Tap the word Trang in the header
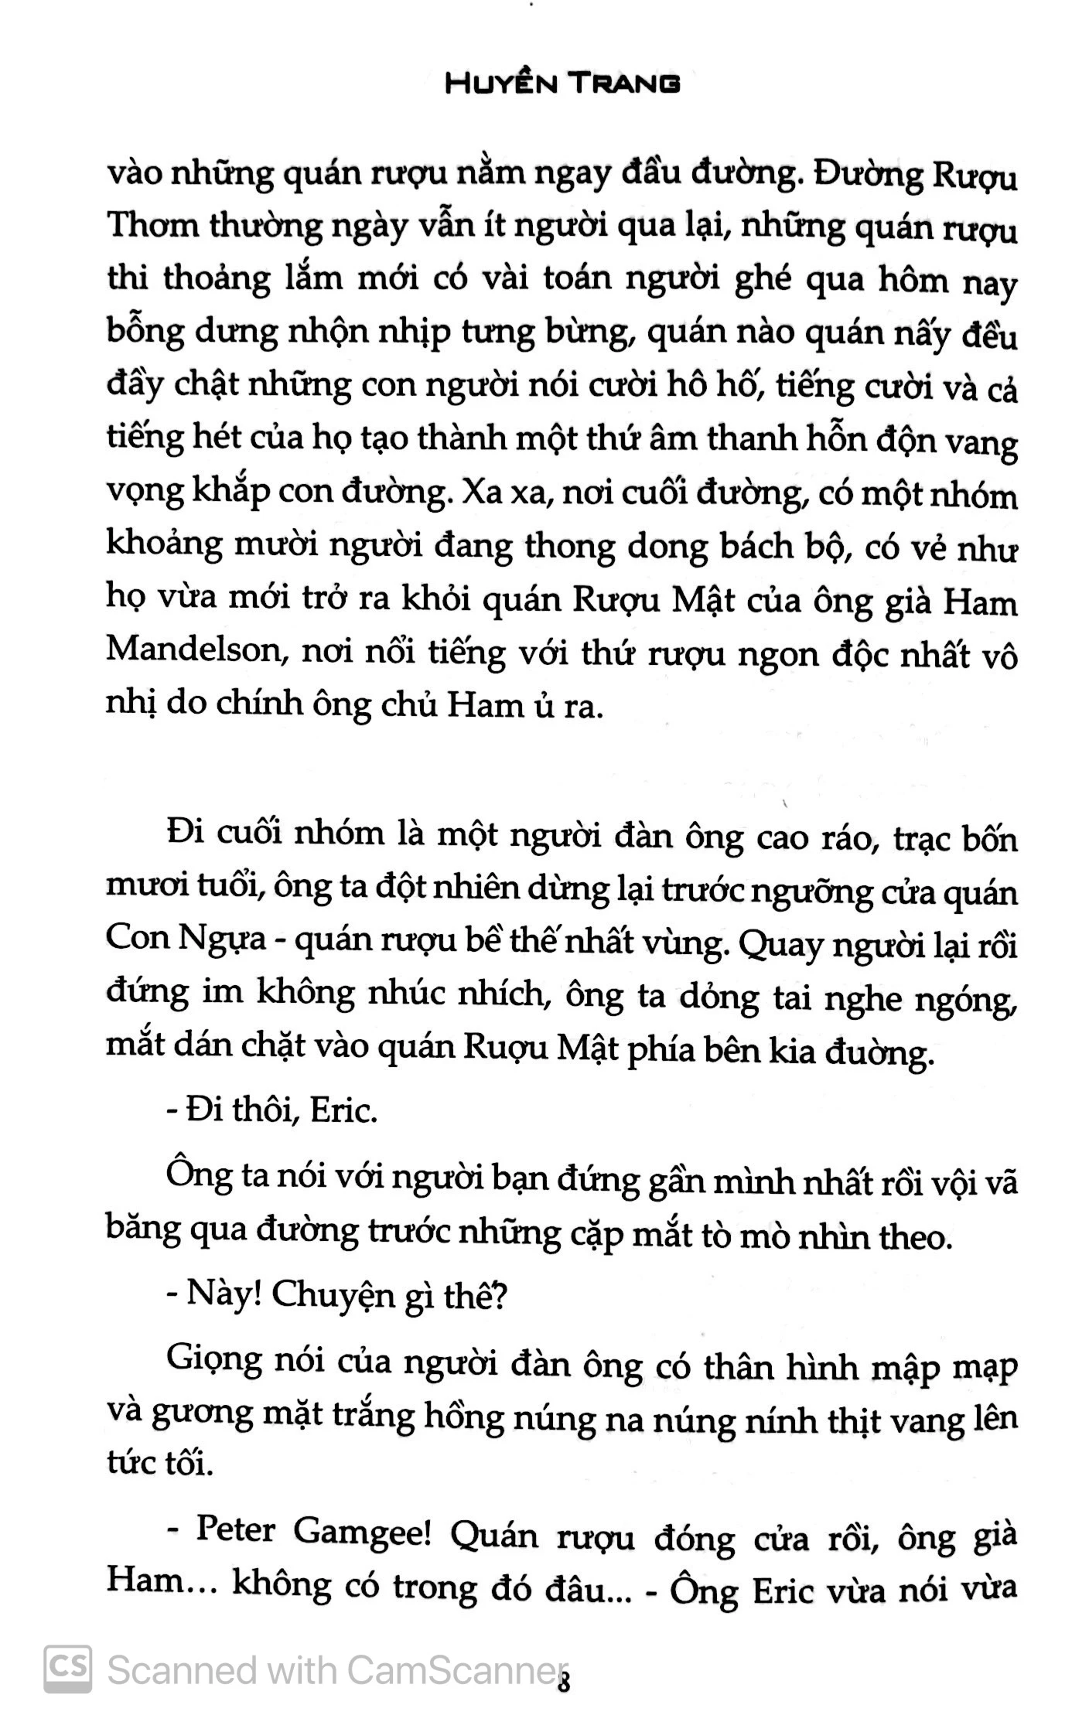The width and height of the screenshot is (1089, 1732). tap(626, 84)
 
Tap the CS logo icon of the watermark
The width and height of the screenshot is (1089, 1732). tap(68, 1669)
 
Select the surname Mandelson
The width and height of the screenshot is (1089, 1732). tap(196, 650)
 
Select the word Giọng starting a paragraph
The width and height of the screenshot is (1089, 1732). tap(214, 1363)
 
